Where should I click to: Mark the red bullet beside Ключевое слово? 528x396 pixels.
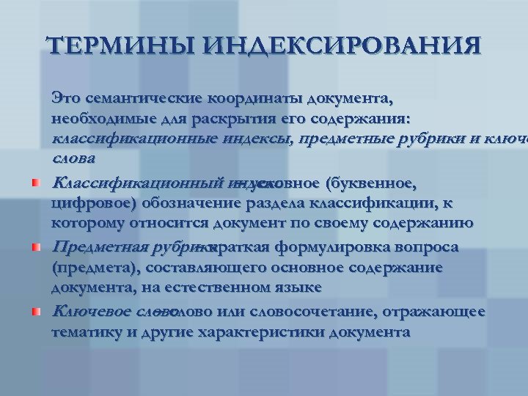click(35, 312)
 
